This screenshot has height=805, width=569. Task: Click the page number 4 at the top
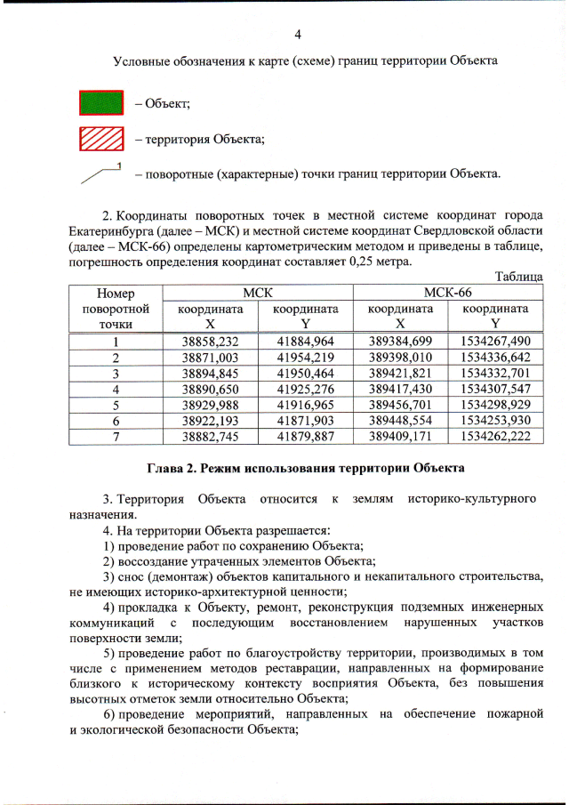[x=297, y=35]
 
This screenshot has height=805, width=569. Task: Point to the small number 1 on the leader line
[x=117, y=166]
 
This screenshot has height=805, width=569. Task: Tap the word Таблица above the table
[x=518, y=278]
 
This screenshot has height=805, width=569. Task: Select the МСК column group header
[x=257, y=293]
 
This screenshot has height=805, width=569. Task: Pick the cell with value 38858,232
[x=210, y=342]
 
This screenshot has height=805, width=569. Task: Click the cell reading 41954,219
[x=305, y=357]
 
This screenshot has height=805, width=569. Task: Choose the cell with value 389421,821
[x=400, y=373]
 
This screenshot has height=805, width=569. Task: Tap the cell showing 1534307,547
[x=495, y=389]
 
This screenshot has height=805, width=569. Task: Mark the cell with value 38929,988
[x=210, y=405]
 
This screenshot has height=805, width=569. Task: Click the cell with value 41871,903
[x=305, y=421]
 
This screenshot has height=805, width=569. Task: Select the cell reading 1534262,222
[x=495, y=437]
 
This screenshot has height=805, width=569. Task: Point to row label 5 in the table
[x=116, y=405]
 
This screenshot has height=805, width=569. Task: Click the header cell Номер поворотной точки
[x=116, y=309]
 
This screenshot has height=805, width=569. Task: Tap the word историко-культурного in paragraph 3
[x=474, y=499]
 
